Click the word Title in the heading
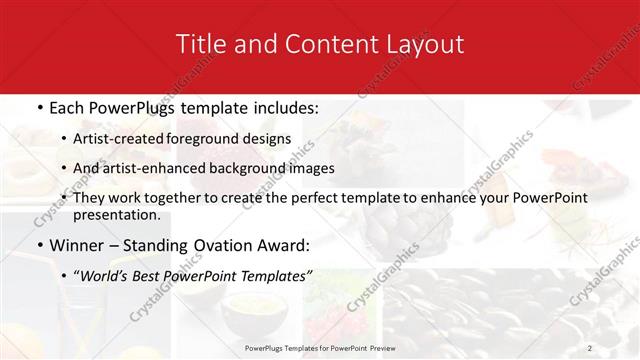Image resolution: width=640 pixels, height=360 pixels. click(200, 44)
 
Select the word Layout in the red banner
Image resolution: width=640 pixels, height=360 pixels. click(423, 44)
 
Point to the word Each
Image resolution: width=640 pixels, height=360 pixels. click(68, 107)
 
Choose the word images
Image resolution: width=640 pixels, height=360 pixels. click(309, 168)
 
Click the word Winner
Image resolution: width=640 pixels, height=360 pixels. click(79, 244)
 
